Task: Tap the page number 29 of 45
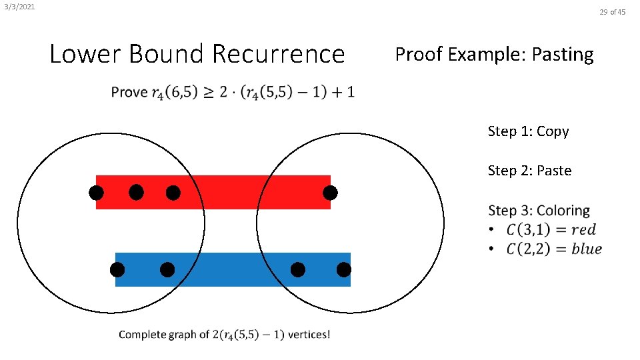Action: pos(612,11)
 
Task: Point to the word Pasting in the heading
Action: pos(561,53)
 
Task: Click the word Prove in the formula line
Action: pos(129,92)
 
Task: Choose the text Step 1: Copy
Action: pos(528,131)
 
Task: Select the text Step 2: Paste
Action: pos(529,171)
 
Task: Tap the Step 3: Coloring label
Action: pos(539,211)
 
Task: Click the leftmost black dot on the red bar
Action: pos(97,193)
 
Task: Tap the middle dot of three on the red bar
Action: pos(136,193)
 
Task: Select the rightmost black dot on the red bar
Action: pos(330,193)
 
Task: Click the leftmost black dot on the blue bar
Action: pos(117,270)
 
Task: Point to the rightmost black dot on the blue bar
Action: pos(343,270)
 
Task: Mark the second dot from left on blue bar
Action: pos(167,270)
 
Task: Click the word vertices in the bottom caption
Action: pos(308,334)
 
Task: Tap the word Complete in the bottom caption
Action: pos(142,334)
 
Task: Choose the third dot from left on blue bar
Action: pos(298,270)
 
